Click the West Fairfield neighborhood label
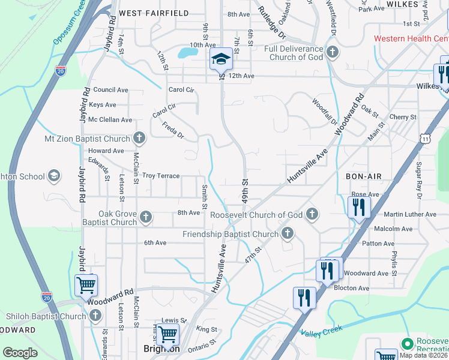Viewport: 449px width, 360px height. point(154,13)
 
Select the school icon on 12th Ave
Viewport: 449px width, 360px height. point(221,59)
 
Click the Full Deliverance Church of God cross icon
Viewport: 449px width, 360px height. point(332,53)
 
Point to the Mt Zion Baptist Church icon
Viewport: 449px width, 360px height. point(139,139)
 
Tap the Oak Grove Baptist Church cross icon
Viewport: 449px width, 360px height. point(146,217)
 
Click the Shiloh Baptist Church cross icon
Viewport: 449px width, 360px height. point(95,316)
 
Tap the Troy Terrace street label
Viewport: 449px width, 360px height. point(161,176)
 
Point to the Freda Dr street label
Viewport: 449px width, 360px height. point(173,130)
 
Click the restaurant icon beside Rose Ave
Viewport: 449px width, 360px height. point(359,208)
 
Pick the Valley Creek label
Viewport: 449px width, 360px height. point(321,331)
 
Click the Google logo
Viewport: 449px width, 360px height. point(20,353)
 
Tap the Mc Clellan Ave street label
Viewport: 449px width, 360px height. point(110,119)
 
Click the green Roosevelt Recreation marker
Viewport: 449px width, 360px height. point(408,343)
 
